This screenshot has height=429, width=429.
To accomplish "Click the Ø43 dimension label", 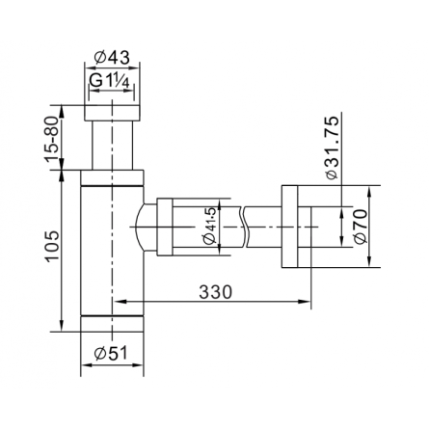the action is click(112, 58).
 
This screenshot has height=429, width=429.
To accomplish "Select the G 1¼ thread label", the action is click(109, 80).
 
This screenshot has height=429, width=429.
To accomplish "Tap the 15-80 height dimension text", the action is click(51, 139).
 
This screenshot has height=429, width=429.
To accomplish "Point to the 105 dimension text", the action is click(51, 246).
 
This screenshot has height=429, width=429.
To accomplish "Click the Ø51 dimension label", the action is click(111, 353).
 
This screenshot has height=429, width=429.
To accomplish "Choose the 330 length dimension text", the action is click(215, 292).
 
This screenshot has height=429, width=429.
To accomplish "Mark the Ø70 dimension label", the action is click(360, 227).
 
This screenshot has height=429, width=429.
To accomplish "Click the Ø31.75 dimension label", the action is click(332, 147).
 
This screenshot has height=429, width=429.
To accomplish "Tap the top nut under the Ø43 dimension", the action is click(112, 113).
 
